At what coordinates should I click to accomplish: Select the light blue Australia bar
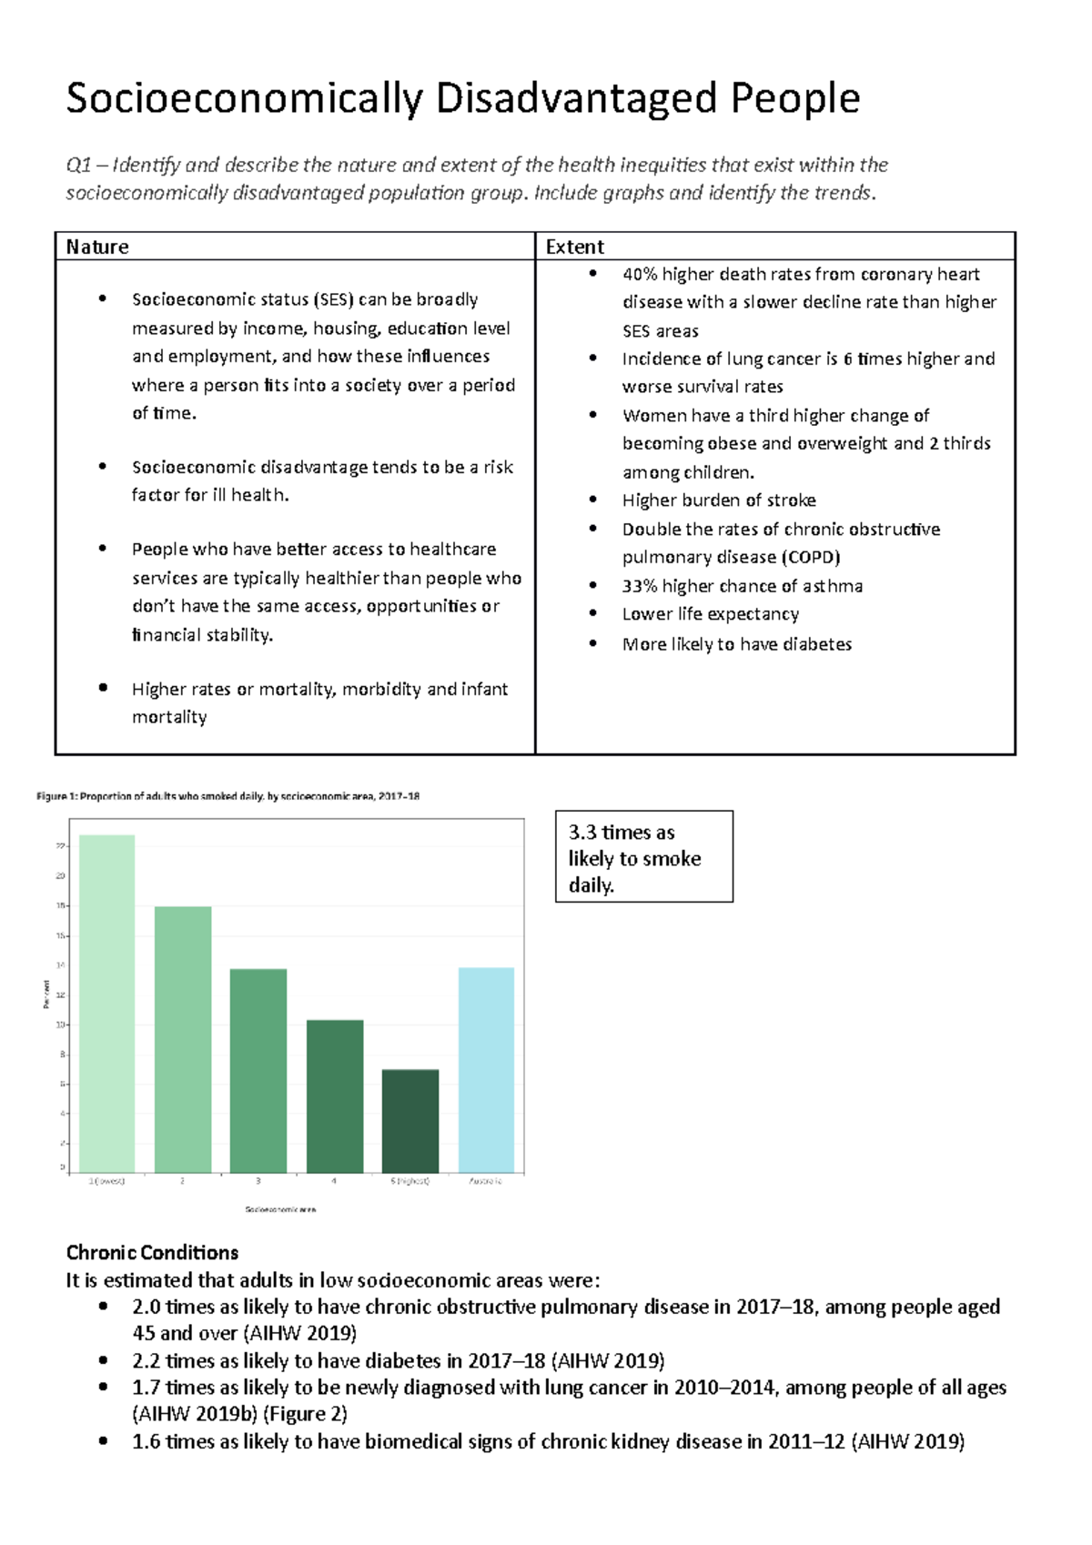486,1069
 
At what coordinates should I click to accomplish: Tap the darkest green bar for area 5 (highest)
410,1120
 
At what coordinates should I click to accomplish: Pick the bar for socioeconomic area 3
258,1070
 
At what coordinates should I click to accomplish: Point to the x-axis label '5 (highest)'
409,1181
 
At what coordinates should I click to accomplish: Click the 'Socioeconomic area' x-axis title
280,1209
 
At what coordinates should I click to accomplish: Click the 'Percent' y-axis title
46,994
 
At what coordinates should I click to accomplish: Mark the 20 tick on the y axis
61,876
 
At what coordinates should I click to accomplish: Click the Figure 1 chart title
227,796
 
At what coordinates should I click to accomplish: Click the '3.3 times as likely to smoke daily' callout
643,857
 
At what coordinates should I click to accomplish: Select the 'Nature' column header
97,247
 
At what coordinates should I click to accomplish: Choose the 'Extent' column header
574,247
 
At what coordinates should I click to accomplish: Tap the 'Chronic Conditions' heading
152,1253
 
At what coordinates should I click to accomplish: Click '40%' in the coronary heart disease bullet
640,274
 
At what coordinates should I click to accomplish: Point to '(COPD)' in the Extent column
810,557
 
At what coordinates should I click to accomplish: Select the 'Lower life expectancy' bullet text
710,614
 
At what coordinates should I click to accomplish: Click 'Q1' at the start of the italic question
78,165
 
